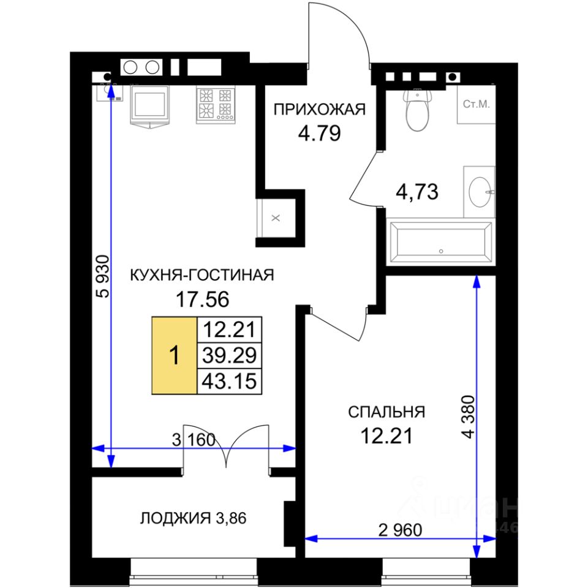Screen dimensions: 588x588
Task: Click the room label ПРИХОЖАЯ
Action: (319, 110)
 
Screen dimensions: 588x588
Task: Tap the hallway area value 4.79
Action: (319, 133)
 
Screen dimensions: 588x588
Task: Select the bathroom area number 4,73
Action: (417, 192)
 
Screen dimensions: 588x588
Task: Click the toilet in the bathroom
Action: (417, 110)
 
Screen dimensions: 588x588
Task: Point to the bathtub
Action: (440, 243)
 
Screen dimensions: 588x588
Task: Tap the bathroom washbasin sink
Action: (480, 192)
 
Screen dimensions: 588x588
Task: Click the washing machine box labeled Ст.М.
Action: (477, 105)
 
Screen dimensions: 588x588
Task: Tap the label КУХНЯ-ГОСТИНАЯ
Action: (202, 275)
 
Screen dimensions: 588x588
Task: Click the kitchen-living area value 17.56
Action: (202, 300)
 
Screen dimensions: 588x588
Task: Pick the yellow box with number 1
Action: (175, 355)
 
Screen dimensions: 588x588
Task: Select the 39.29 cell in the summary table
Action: (229, 355)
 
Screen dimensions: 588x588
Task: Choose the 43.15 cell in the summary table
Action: (229, 381)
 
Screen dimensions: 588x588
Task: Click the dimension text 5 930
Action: (103, 276)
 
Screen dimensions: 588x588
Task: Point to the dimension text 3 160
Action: (194, 440)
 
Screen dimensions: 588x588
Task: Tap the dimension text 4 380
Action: (468, 417)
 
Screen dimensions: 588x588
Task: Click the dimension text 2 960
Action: (400, 530)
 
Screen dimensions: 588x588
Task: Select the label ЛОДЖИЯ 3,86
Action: (193, 518)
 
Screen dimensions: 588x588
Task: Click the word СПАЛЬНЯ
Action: (386, 412)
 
